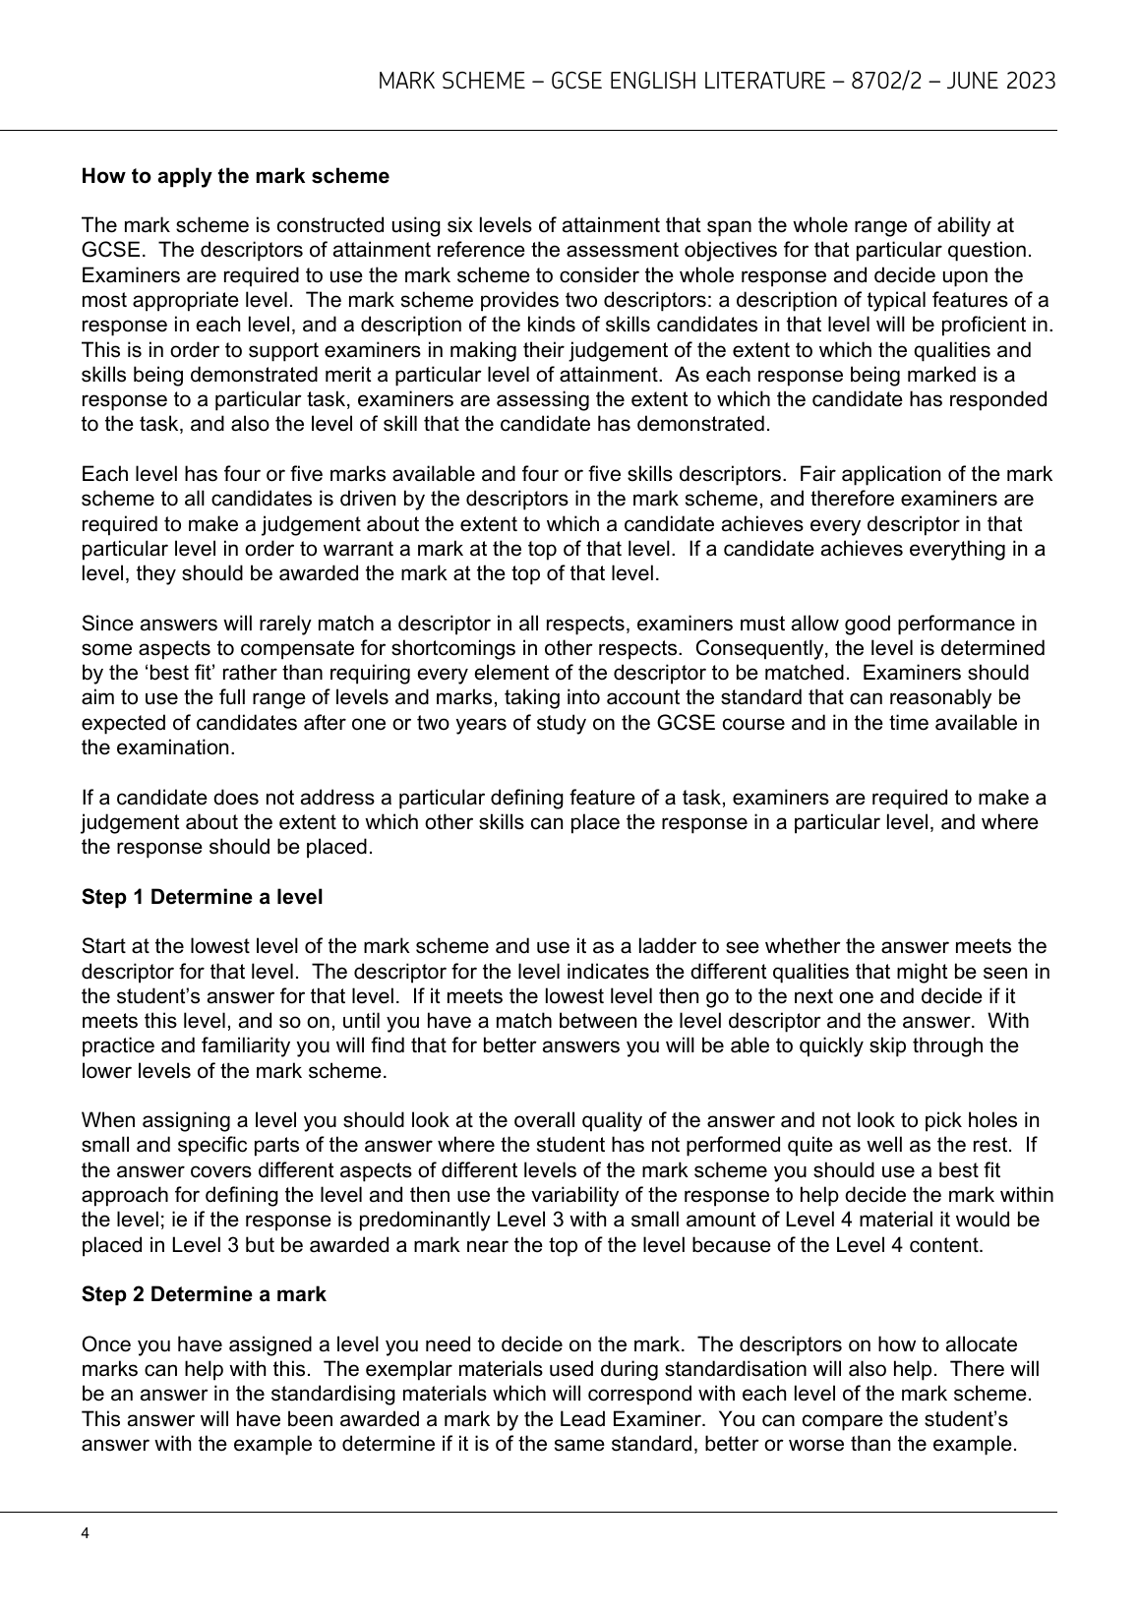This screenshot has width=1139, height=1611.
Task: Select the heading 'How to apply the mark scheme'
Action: (235, 177)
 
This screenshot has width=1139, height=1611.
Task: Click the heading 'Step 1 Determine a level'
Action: (202, 897)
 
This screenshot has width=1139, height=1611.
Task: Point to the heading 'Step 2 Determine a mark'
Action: (204, 1294)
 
